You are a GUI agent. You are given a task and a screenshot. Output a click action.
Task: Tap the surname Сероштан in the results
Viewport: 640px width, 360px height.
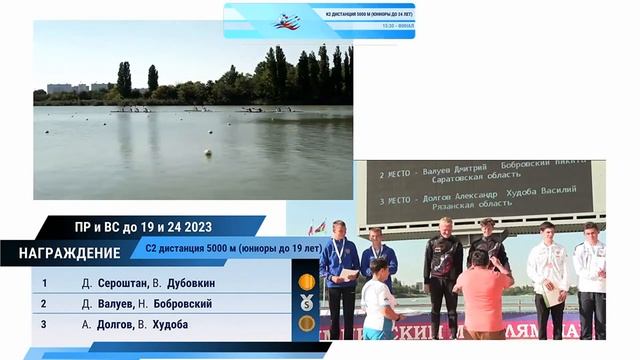(x=121, y=283)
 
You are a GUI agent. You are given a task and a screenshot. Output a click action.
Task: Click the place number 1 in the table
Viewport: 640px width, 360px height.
(x=43, y=283)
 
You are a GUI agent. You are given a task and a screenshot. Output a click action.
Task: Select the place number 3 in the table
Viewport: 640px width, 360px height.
(x=43, y=324)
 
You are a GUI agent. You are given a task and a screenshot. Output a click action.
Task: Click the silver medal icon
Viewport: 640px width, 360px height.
(x=306, y=302)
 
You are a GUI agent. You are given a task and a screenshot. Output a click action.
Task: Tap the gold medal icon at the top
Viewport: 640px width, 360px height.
(x=306, y=282)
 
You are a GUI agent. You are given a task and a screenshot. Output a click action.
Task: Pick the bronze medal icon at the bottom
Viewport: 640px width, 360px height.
(x=306, y=323)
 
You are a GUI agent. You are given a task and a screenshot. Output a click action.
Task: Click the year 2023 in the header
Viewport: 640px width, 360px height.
(x=196, y=227)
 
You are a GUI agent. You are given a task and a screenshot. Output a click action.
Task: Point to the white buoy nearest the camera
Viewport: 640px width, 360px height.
(x=208, y=153)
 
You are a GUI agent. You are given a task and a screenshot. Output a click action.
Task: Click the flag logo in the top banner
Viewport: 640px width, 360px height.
(x=288, y=20)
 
